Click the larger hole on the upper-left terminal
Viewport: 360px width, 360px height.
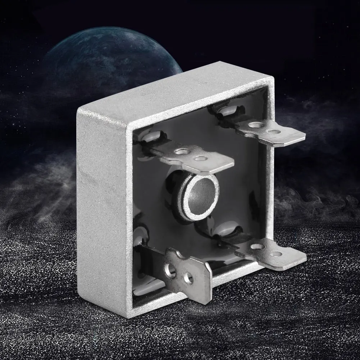[x=182, y=152]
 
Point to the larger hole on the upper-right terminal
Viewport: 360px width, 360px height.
[x=256, y=125]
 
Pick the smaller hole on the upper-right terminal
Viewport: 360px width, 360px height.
[x=274, y=132]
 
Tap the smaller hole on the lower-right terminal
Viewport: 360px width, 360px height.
[x=276, y=254]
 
